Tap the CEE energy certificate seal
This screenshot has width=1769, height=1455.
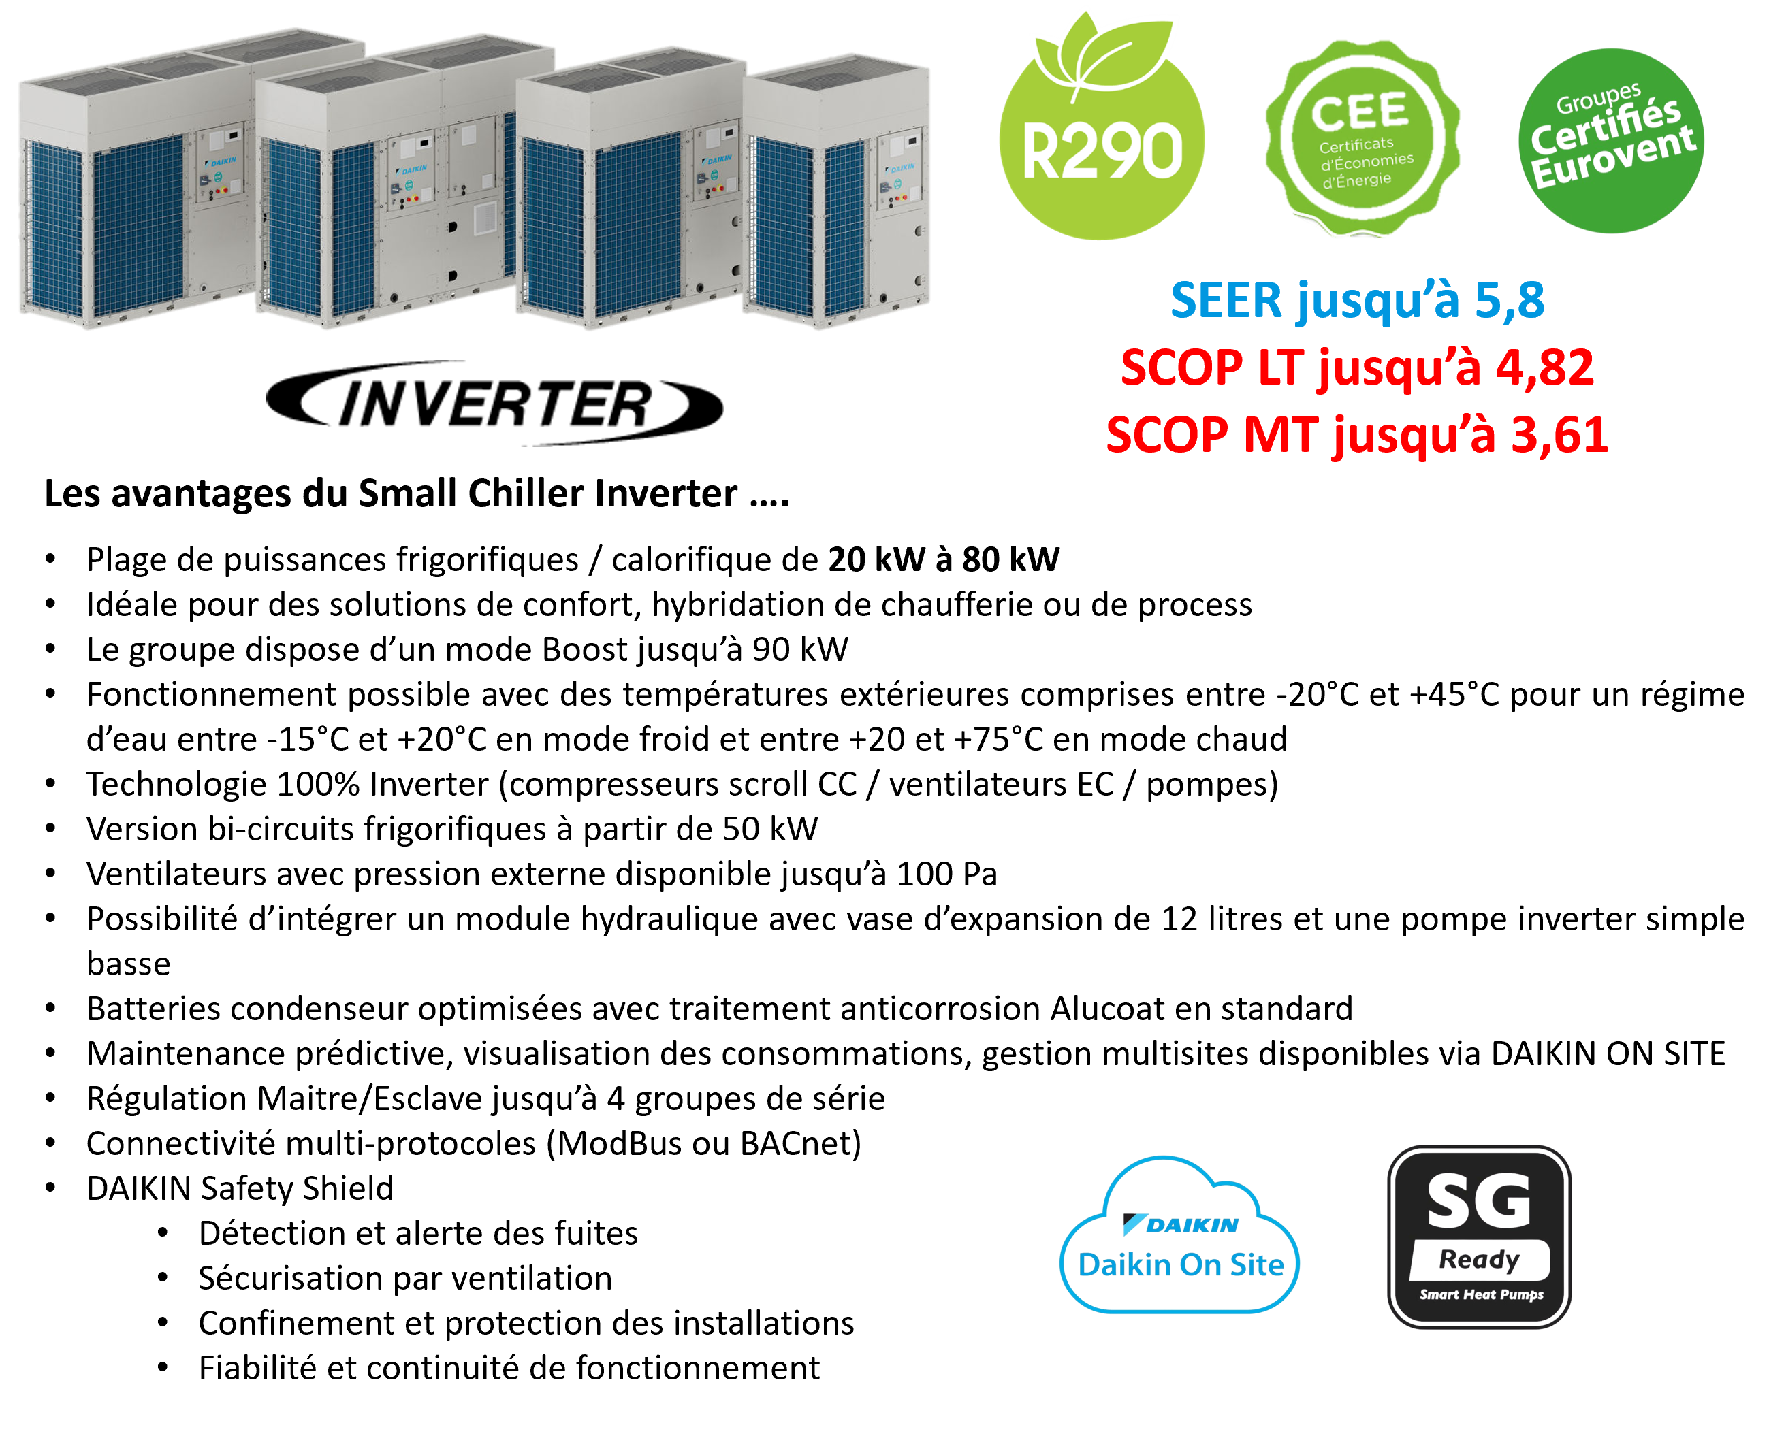point(1362,138)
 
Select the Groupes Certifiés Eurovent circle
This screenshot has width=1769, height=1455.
point(1610,140)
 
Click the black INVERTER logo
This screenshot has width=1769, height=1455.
point(494,403)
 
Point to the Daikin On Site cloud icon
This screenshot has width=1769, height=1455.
point(1179,1235)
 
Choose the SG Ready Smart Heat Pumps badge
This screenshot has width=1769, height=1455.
point(1479,1237)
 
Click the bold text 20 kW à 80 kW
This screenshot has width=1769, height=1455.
point(944,559)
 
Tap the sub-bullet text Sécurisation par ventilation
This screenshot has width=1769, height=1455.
point(406,1278)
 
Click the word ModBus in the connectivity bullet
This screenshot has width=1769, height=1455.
point(620,1143)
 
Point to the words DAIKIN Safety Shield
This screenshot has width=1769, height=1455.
point(240,1188)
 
